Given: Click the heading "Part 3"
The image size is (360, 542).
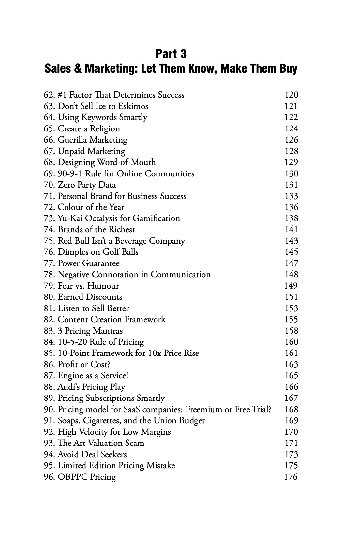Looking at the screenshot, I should coord(171,54).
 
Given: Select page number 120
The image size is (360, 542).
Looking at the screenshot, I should coord(291,95).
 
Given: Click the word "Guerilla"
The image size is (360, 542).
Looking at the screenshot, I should coord(72,140).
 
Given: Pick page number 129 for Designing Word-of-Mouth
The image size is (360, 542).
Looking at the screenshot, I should coord(291,162).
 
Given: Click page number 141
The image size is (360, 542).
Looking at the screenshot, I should coord(291,230).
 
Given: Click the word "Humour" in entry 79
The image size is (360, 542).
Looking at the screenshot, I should coord(103,286).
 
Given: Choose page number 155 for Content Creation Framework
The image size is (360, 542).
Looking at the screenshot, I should coord(291,320).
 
